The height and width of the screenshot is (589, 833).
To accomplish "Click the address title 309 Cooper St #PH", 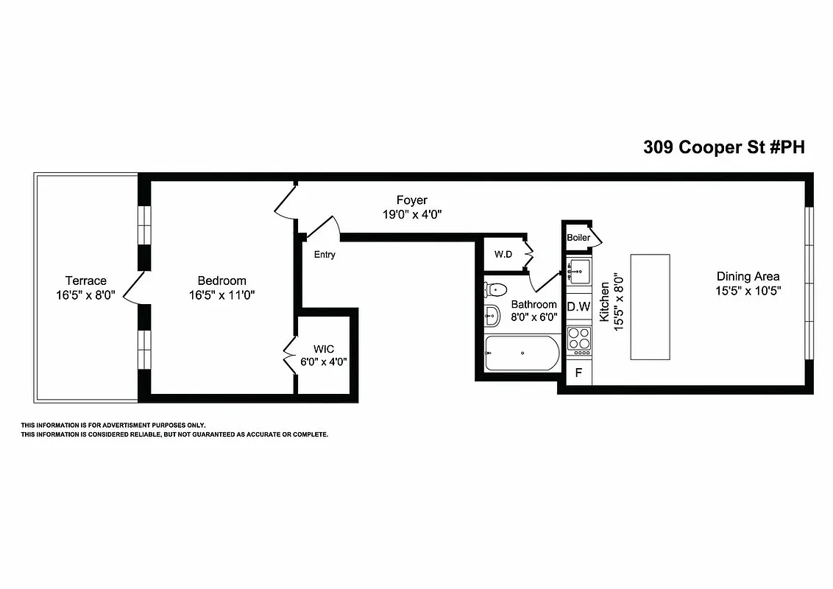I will (724, 147).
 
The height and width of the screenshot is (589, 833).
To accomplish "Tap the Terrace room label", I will (85, 281).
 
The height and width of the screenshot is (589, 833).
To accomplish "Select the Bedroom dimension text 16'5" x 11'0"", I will (221, 294).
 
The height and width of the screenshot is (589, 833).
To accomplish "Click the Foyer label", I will (411, 200).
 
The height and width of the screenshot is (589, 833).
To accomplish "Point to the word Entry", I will (325, 255).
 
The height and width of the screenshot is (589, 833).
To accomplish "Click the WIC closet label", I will (324, 348).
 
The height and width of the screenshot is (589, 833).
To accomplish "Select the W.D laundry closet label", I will (503, 255).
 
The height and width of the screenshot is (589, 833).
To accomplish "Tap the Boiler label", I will (578, 238).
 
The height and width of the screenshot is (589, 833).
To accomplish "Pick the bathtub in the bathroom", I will (522, 353).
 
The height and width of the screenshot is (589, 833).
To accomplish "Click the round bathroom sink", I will (492, 316).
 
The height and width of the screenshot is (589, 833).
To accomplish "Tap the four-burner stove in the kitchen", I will (579, 339).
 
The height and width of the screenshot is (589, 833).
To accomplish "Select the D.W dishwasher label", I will (578, 307).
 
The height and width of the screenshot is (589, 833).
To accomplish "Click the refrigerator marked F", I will (578, 373).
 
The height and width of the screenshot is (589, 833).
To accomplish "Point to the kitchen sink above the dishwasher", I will (578, 272).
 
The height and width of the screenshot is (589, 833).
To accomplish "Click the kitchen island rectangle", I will (650, 307).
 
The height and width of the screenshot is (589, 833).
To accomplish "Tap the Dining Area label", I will (748, 277).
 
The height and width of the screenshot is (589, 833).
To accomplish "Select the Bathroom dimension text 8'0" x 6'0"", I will (534, 317).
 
